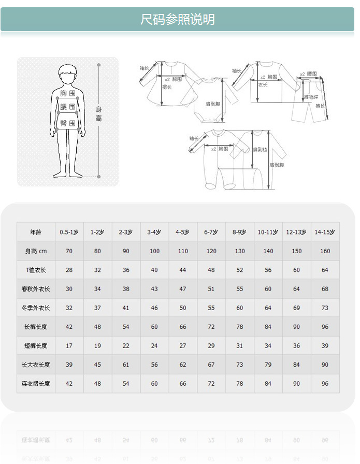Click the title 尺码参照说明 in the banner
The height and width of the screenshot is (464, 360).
[178, 20]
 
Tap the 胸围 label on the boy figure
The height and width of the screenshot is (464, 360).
[67, 94]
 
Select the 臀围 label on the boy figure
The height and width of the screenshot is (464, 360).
[67, 123]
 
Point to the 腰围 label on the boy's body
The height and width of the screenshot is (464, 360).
[67, 107]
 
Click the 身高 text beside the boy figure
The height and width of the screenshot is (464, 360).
[98, 114]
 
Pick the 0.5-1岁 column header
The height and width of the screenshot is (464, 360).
[69, 232]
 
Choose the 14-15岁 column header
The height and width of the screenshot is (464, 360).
[325, 232]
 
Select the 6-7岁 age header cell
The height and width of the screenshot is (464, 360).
[211, 232]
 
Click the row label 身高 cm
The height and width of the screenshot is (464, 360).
[36, 251]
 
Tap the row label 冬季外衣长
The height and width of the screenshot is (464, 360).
[36, 308]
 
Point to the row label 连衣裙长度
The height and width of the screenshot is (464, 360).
[36, 384]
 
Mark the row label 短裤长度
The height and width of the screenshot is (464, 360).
[36, 346]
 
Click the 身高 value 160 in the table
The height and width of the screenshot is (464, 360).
[325, 251]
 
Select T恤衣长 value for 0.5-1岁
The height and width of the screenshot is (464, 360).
[69, 270]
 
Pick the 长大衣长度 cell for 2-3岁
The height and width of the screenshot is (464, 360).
[126, 365]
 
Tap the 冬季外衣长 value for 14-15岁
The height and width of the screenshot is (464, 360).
[325, 308]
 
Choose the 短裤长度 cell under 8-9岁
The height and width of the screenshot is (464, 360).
[240, 346]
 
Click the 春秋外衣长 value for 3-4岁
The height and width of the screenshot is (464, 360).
[154, 289]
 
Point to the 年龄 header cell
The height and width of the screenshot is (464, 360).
[36, 232]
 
